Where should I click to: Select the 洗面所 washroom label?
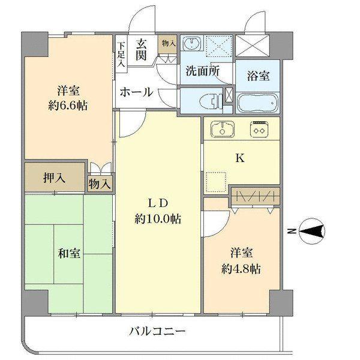(x=202, y=70)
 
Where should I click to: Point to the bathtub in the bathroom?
(x=257, y=102)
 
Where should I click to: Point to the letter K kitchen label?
(x=239, y=159)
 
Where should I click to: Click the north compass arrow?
(x=312, y=230)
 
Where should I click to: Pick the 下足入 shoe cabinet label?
(x=121, y=53)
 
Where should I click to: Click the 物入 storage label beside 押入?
(x=100, y=184)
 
